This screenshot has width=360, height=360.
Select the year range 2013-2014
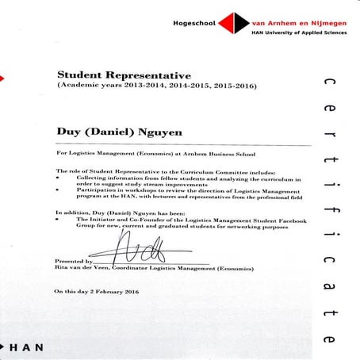[x=141, y=85]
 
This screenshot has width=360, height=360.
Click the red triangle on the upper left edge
[x=3, y=77]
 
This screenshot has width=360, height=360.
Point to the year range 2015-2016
[x=232, y=85]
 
